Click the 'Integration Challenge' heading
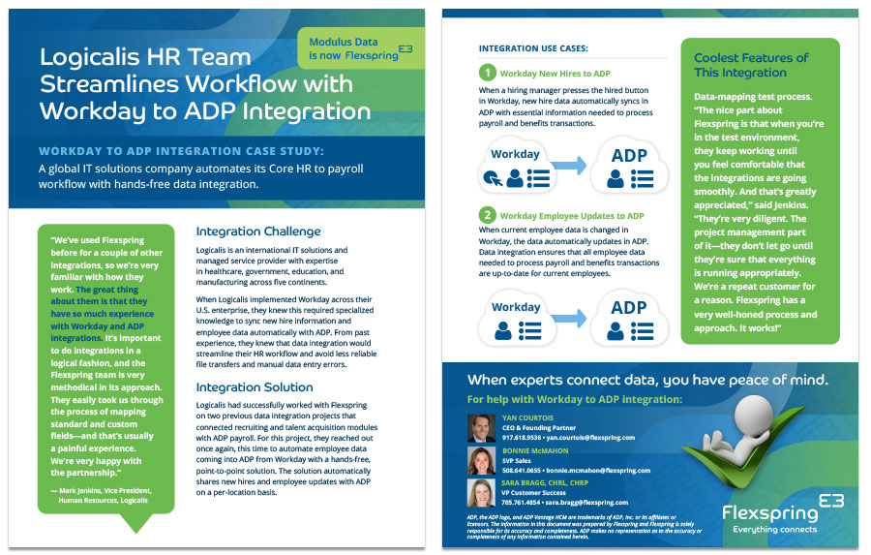[258, 231]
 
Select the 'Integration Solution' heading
[254, 386]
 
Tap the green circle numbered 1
[489, 72]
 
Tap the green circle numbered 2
[489, 216]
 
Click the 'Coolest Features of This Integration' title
[751, 65]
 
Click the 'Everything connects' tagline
[774, 529]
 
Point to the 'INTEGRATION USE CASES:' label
[533, 47]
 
